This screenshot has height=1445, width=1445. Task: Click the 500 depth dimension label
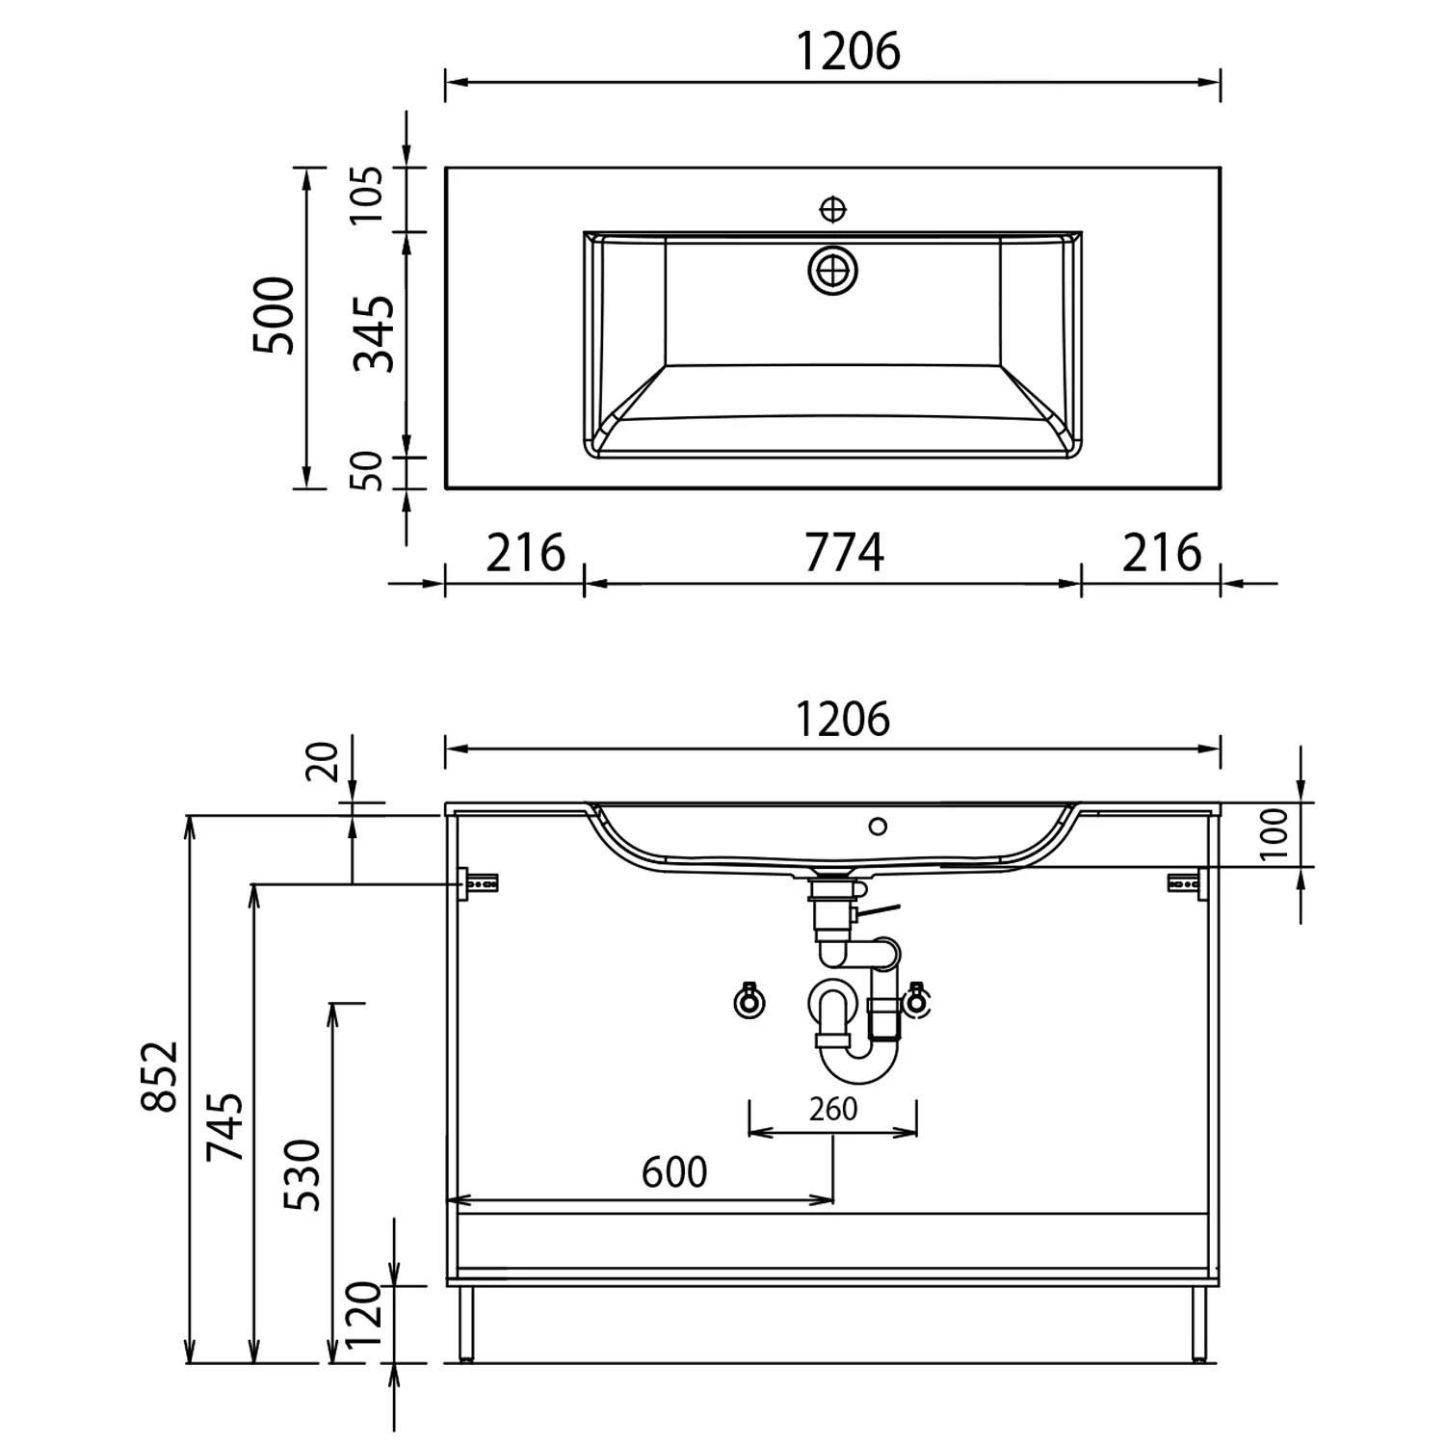274,315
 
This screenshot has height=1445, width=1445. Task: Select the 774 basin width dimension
845,553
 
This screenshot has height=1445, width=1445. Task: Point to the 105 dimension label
367,194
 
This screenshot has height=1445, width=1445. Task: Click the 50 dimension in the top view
367,471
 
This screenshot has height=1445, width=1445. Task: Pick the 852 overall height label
160,1076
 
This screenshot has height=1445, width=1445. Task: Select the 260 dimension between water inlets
833,1109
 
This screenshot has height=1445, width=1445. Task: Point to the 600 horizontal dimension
674,1171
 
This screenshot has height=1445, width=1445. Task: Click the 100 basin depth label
1274,834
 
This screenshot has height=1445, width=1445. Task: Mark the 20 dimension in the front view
327,761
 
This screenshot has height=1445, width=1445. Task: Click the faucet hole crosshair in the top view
832,208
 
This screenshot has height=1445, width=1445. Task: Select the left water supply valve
749,1002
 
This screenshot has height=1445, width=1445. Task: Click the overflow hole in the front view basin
878,826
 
